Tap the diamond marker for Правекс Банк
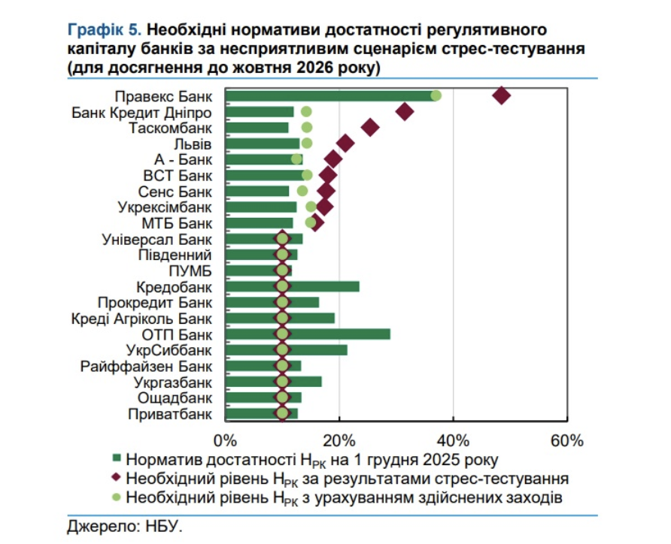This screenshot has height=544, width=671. click(x=501, y=96)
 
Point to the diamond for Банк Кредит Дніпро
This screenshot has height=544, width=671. click(x=405, y=112)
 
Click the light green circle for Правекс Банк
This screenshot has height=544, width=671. click(x=436, y=95)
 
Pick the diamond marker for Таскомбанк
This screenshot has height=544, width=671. click(x=370, y=128)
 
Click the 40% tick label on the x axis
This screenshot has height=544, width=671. click(x=453, y=440)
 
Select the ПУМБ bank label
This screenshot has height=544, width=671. click(x=191, y=270)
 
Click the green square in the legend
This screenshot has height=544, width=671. click(x=117, y=458)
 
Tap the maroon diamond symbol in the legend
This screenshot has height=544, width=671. click(x=117, y=478)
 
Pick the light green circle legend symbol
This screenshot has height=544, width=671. click(x=117, y=497)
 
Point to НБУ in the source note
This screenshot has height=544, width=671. click(x=165, y=526)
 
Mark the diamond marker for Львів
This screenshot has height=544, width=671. click(x=345, y=144)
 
